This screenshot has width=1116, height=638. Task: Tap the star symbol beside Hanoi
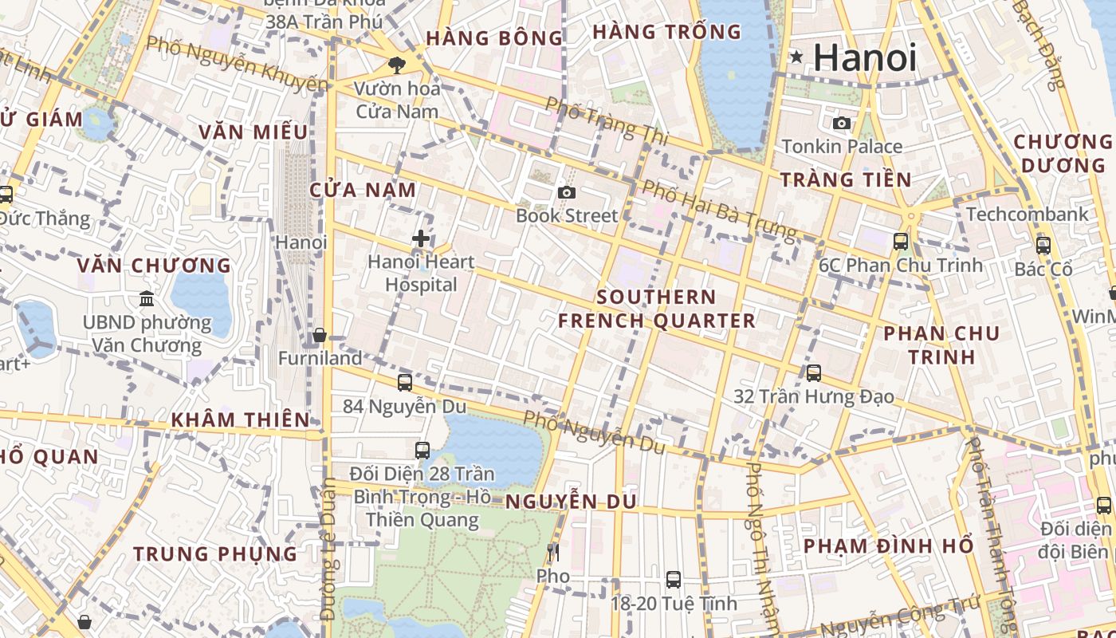click(796, 57)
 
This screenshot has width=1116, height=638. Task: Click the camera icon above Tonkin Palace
click(842, 123)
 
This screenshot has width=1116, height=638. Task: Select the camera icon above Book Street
click(567, 192)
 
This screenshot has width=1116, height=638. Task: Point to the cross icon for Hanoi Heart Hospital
click(421, 238)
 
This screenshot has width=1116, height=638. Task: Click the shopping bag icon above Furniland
click(320, 335)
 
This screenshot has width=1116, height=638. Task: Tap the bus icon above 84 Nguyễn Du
click(405, 383)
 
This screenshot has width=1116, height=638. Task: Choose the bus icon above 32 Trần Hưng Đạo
click(814, 372)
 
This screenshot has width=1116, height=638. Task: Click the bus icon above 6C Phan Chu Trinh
click(901, 241)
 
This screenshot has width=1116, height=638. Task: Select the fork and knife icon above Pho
click(553, 552)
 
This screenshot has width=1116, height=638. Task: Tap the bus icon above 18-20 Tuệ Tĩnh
click(674, 580)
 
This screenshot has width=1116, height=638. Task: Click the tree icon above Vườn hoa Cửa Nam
click(396, 65)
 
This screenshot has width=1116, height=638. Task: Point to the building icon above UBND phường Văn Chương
click(147, 299)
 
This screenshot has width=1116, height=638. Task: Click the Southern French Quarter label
click(656, 309)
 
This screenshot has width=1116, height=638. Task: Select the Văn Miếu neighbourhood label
click(253, 132)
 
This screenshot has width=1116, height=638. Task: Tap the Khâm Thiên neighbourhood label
click(241, 419)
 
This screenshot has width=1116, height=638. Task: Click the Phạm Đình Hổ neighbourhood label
click(888, 546)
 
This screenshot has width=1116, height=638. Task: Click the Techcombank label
click(1027, 214)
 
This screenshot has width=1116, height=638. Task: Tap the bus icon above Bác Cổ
click(1043, 246)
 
